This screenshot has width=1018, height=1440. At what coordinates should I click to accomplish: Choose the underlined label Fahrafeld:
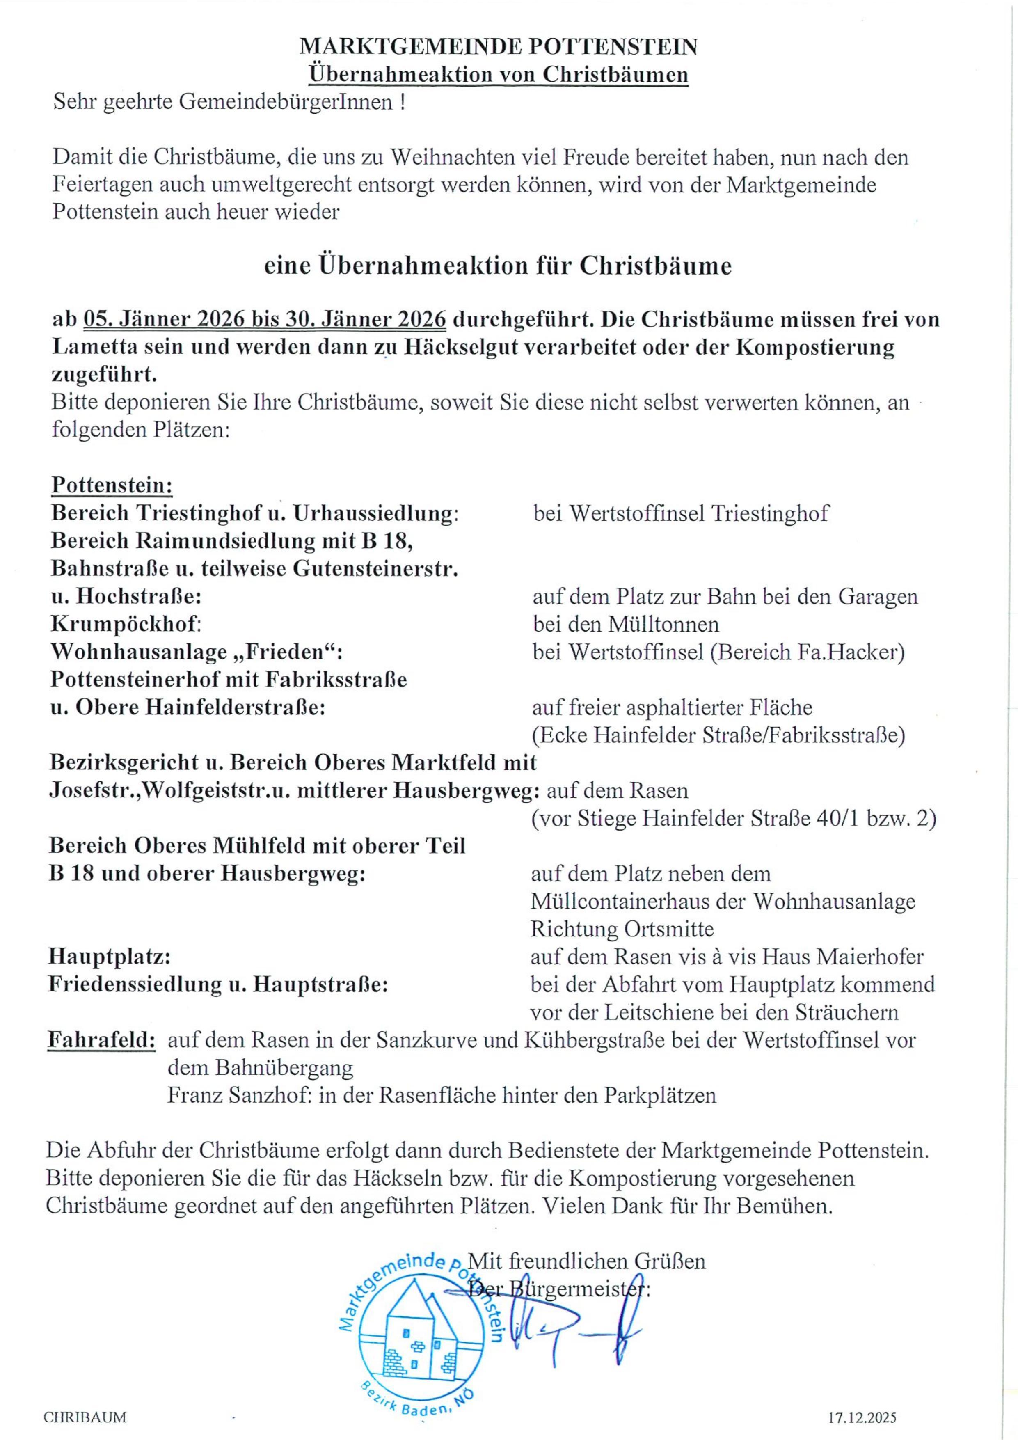(102, 1040)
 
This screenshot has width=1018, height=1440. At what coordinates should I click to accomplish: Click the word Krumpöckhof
(126, 624)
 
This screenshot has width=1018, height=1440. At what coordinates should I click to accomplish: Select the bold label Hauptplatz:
(110, 957)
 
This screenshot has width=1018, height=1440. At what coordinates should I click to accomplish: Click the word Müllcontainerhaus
(638, 901)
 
